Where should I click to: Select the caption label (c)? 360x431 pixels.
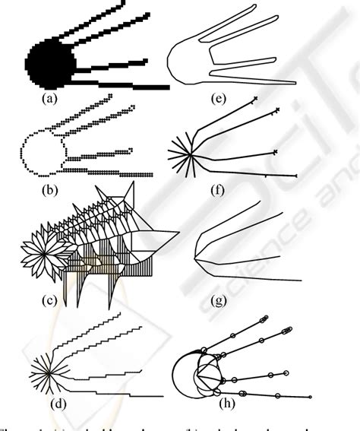[x=49, y=301]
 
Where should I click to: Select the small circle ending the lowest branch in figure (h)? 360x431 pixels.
[x=311, y=396]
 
